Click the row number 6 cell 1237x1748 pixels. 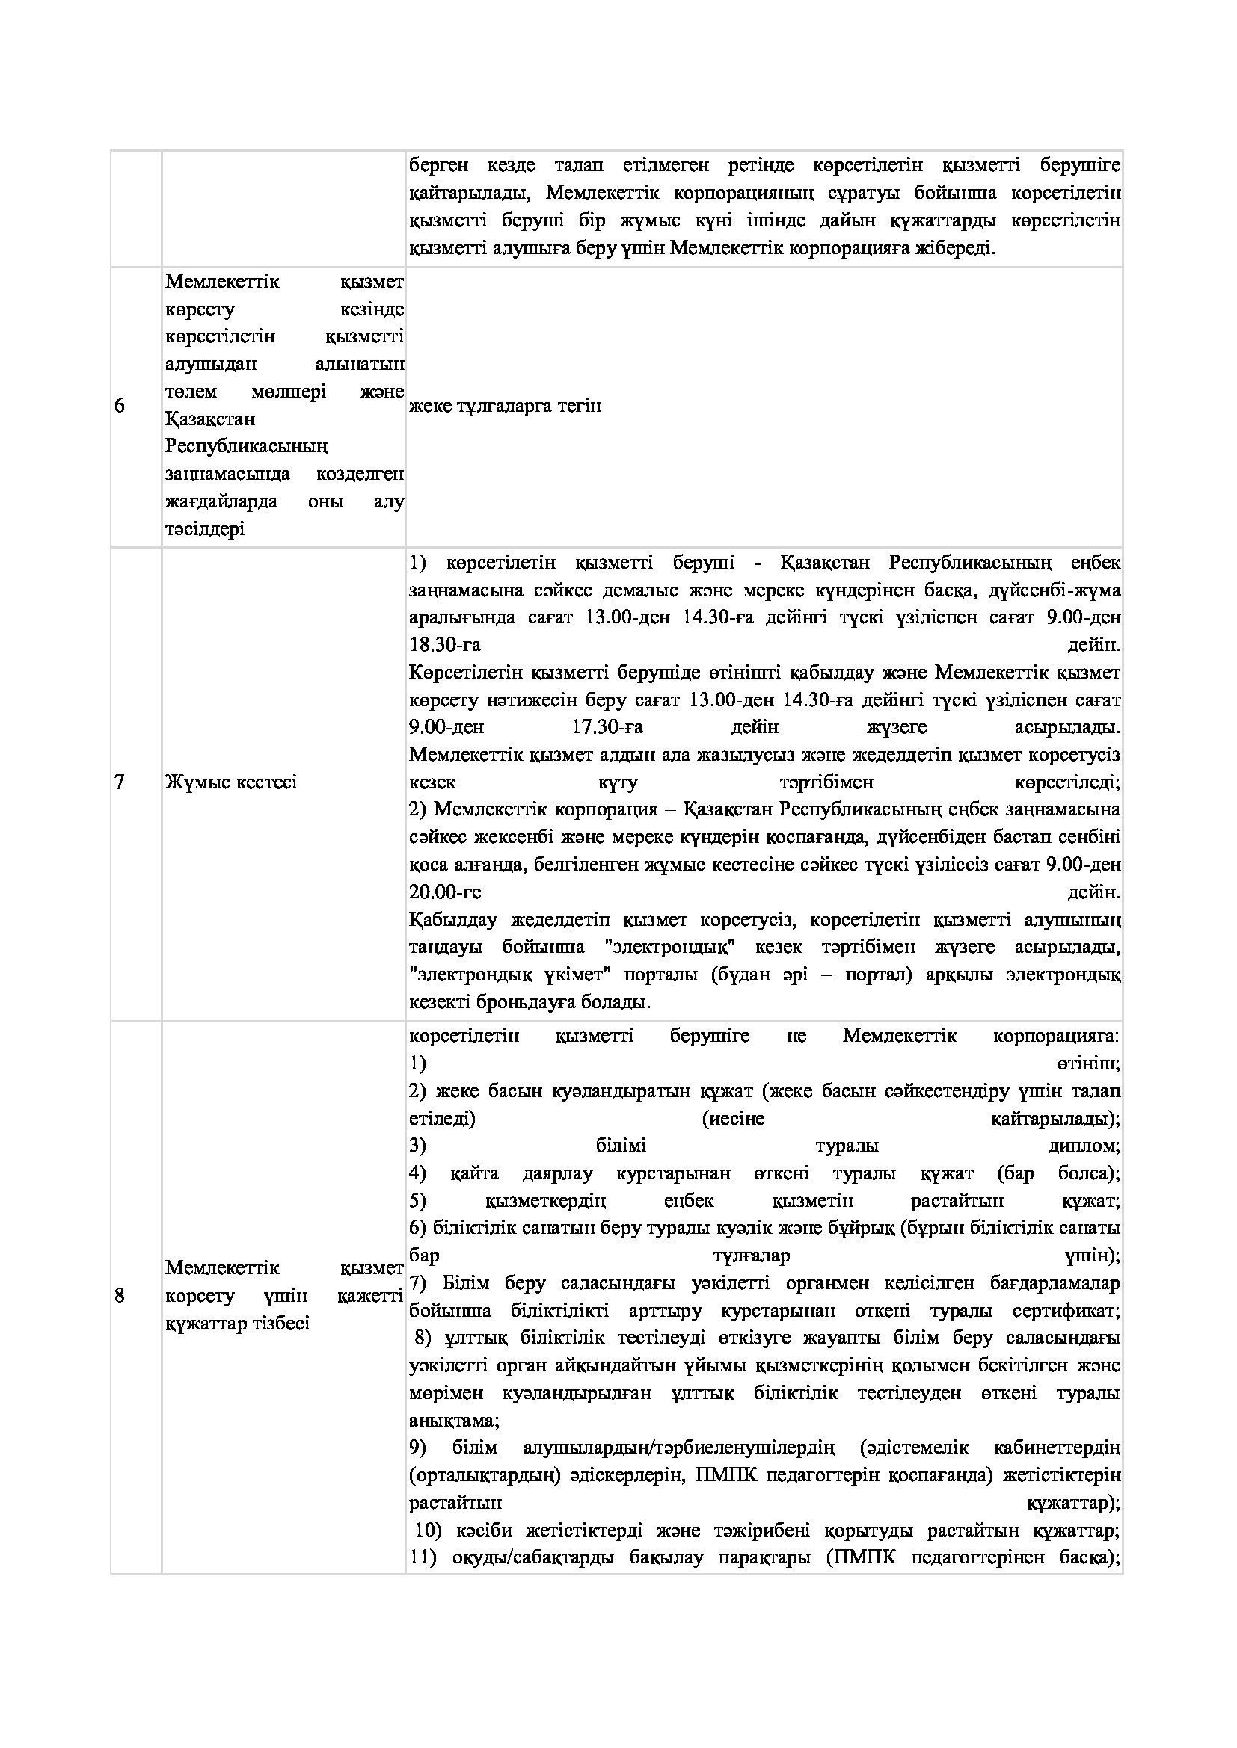pyautogui.click(x=120, y=406)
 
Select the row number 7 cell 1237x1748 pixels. pyautogui.click(x=120, y=782)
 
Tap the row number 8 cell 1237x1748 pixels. pyautogui.click(x=120, y=1295)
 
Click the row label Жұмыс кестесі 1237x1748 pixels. pyautogui.click(x=231, y=782)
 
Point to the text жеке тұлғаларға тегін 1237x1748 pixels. pyautogui.click(x=505, y=406)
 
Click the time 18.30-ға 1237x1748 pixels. pyautogui.click(x=445, y=645)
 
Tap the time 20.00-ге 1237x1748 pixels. pyautogui.click(x=445, y=892)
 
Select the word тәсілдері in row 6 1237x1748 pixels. pyautogui.click(x=205, y=529)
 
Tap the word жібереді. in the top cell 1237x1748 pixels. pyautogui.click(x=955, y=248)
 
